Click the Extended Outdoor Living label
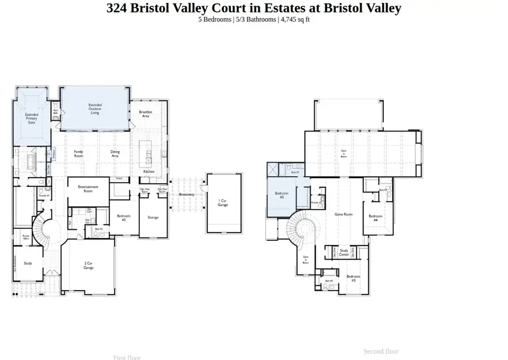coord(94,108)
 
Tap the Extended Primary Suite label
coord(32,118)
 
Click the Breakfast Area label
coord(146,114)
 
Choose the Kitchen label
coord(148,172)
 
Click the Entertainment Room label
coord(88,188)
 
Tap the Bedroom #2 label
coord(124,217)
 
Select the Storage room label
coord(153,217)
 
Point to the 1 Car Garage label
coord(223,203)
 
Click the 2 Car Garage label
coord(89,266)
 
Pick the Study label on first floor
coord(28,263)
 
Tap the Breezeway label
coord(187,194)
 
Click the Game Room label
coord(343,214)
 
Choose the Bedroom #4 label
coord(375,218)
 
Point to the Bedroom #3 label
coord(354,278)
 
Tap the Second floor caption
coord(381,352)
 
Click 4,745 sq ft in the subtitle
coord(295,20)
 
